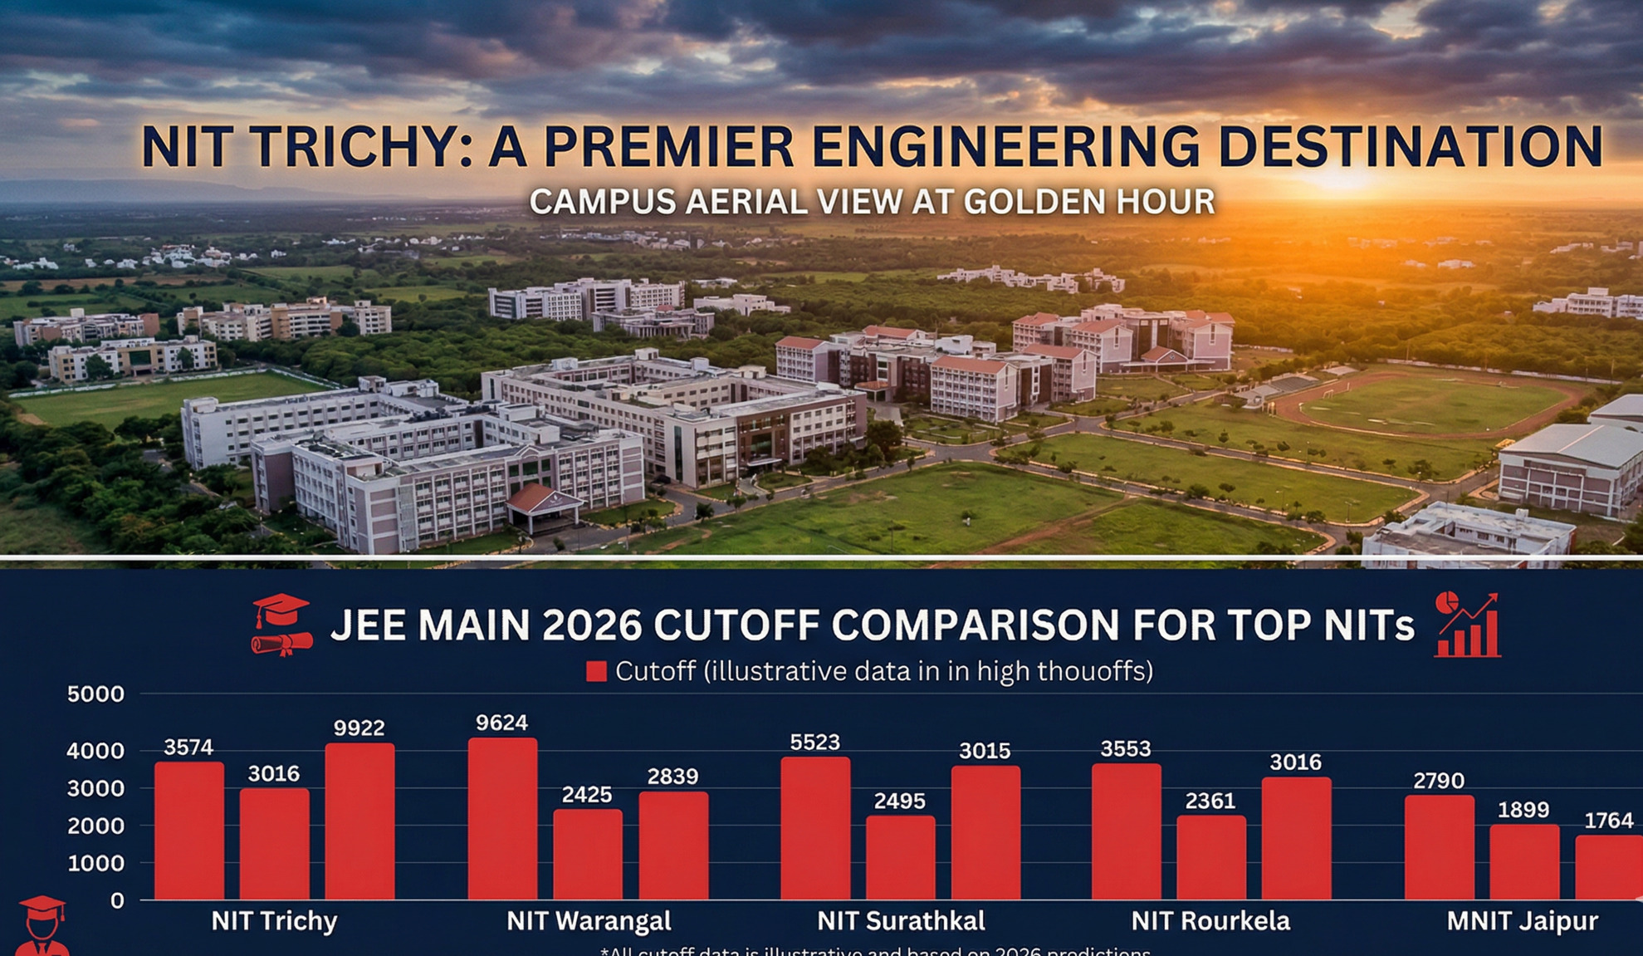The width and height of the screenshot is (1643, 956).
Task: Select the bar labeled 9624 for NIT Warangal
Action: pyautogui.click(x=502, y=818)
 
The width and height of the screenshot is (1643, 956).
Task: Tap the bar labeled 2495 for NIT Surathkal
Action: pyautogui.click(x=900, y=857)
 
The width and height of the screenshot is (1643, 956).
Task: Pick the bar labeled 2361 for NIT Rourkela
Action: pyautogui.click(x=1210, y=857)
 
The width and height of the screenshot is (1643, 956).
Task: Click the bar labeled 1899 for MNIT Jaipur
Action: pyautogui.click(x=1523, y=861)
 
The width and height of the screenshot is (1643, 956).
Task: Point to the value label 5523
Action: pyautogui.click(x=814, y=742)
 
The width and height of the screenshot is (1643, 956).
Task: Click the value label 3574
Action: pyautogui.click(x=188, y=747)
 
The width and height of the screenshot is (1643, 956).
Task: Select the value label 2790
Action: pyautogui.click(x=1438, y=781)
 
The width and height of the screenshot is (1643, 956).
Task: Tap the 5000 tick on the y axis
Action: pyautogui.click(x=95, y=694)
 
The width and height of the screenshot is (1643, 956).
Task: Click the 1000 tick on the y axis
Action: pyautogui.click(x=95, y=863)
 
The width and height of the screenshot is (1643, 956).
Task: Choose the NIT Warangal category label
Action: pyautogui.click(x=589, y=920)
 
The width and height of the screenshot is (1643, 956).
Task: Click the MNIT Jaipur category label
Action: pyautogui.click(x=1522, y=920)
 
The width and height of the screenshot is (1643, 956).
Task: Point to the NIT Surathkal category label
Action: pyautogui.click(x=901, y=920)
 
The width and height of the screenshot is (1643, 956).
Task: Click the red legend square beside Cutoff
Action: pyautogui.click(x=596, y=671)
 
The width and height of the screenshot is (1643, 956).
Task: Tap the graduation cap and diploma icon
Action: pyautogui.click(x=281, y=624)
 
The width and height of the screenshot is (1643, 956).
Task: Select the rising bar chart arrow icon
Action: pyautogui.click(x=1468, y=625)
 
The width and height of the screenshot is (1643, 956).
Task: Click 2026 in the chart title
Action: pyautogui.click(x=591, y=625)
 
